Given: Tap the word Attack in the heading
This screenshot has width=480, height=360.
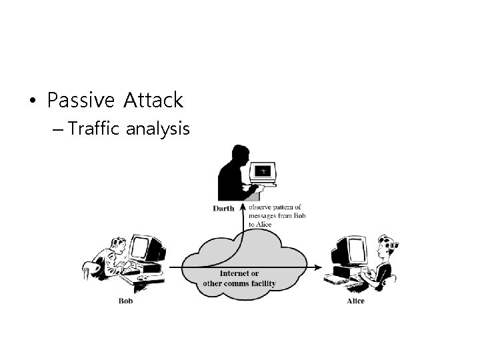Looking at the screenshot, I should click(x=152, y=101).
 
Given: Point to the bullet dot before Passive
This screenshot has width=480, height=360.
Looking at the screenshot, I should click(x=31, y=101).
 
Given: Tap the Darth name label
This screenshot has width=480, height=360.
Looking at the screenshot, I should click(x=223, y=209).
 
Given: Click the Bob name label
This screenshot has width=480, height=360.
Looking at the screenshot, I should click(x=125, y=301).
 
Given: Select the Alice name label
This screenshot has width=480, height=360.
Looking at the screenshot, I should click(x=355, y=301).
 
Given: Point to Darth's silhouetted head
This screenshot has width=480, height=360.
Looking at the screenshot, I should click(x=236, y=155).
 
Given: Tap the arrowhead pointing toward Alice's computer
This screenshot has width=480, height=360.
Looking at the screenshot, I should click(x=319, y=267).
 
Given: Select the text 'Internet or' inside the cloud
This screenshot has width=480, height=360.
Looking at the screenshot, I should click(x=239, y=273).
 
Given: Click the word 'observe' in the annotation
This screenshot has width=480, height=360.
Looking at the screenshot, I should click(x=260, y=207).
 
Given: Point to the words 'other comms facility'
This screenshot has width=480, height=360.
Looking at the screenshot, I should click(x=239, y=283).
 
